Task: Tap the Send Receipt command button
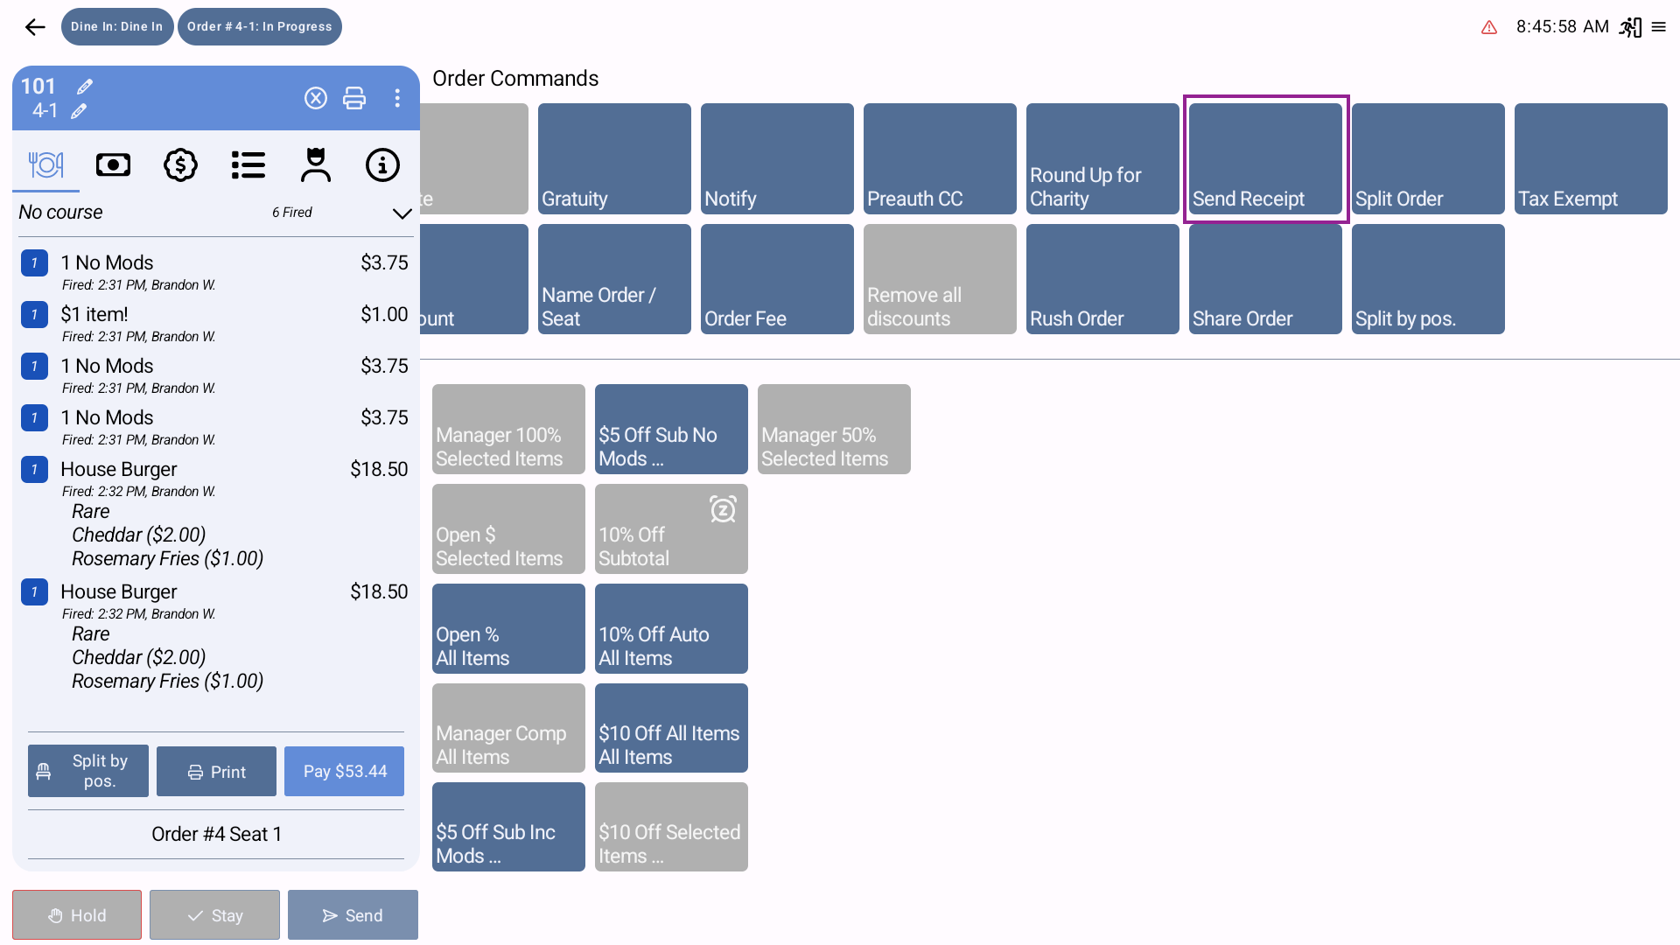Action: click(x=1265, y=159)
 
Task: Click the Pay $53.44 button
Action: click(x=345, y=771)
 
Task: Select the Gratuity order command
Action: click(x=614, y=159)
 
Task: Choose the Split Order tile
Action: click(x=1428, y=159)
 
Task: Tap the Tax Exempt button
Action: click(x=1591, y=159)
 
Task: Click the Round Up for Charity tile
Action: click(x=1102, y=159)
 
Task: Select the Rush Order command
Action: click(x=1102, y=279)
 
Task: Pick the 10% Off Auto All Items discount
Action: click(x=671, y=629)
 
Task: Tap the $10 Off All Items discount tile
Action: click(x=671, y=728)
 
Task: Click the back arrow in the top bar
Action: click(x=35, y=27)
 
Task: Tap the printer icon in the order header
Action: click(x=354, y=98)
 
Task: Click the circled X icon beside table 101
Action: click(x=316, y=98)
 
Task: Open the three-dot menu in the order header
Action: click(x=397, y=98)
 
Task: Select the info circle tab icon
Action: click(x=382, y=165)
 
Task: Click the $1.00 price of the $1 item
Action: click(x=384, y=314)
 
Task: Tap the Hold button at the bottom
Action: click(x=77, y=915)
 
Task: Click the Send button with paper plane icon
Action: click(x=353, y=915)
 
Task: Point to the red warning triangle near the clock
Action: click(x=1489, y=28)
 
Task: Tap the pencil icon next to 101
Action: click(x=85, y=87)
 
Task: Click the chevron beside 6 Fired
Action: click(x=402, y=213)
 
